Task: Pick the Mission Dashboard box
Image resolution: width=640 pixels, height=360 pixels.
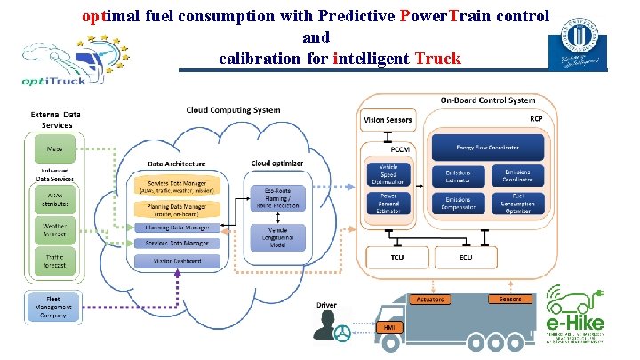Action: pyautogui.click(x=176, y=260)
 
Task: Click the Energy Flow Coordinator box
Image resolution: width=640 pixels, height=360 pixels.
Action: pyautogui.click(x=488, y=145)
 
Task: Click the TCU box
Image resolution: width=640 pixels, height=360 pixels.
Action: pyautogui.click(x=397, y=258)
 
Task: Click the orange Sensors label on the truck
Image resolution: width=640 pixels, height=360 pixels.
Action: pyautogui.click(x=510, y=300)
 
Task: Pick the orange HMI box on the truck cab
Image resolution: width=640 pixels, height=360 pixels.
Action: pyautogui.click(x=388, y=328)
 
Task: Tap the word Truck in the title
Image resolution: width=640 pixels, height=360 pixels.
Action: pyautogui.click(x=436, y=59)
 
